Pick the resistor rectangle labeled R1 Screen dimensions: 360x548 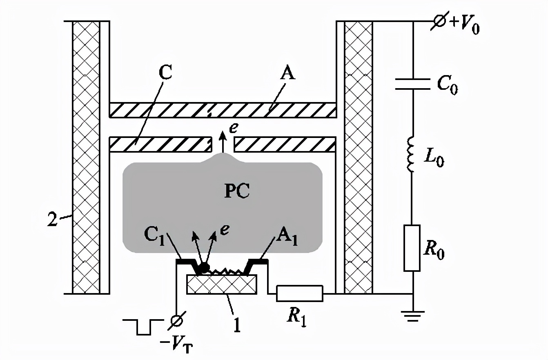tap(300, 293)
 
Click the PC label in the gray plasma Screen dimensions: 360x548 tap(237, 192)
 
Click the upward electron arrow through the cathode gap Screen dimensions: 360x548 tap(223, 142)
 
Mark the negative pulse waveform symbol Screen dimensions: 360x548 tap(143, 326)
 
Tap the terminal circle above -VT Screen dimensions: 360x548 tap(176, 322)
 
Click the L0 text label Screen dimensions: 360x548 tap(433, 159)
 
